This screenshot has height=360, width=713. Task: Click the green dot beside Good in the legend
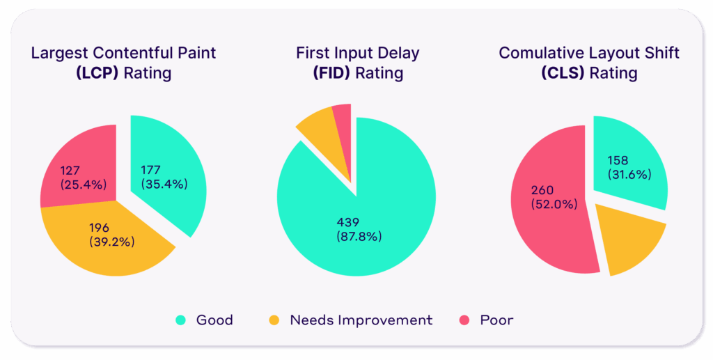point(180,320)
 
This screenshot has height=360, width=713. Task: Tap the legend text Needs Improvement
point(361,320)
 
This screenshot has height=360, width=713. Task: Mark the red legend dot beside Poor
point(464,320)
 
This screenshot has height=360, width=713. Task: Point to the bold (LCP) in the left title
point(97,72)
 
